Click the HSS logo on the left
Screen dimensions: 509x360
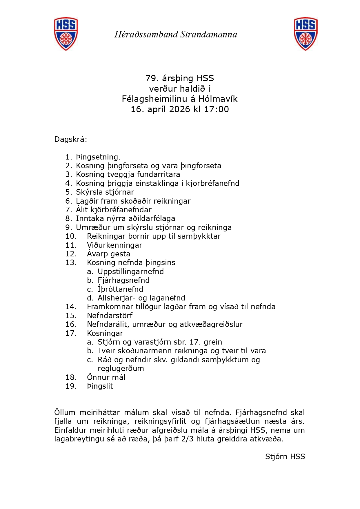coord(66,34)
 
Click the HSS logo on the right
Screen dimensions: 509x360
coord(306,34)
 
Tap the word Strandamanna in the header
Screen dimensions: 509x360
coord(209,35)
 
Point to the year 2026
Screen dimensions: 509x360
coord(179,109)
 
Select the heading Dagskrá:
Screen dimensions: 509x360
coord(71,140)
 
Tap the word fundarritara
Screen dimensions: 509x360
coord(158,175)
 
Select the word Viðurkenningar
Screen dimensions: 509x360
coord(114,245)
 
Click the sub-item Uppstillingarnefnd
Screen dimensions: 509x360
coord(131,271)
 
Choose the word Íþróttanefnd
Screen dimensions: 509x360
coord(120,289)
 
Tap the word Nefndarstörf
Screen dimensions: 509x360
coord(110,316)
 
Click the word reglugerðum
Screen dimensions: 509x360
coord(121,369)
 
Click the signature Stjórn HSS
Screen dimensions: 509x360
coord(285,457)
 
